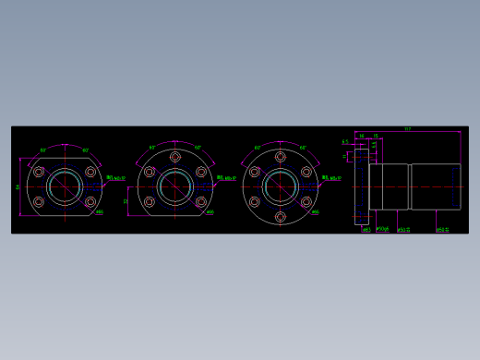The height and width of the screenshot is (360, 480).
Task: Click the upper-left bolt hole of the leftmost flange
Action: click(39, 172)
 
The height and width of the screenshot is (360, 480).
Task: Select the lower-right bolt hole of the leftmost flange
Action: click(90, 201)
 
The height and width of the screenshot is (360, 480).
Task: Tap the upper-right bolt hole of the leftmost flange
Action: click(90, 172)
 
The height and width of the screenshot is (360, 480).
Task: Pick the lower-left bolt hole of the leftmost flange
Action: click(39, 201)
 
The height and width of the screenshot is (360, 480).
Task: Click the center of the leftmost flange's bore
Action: click(65, 186)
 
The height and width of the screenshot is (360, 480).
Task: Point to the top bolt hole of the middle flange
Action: click(174, 158)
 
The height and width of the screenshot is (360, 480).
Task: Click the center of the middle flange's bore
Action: click(174, 187)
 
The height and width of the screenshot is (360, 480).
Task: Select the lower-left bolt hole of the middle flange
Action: click(149, 202)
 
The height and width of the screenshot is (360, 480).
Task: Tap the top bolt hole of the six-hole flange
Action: click(281, 158)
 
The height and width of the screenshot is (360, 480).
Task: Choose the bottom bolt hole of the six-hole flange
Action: click(281, 217)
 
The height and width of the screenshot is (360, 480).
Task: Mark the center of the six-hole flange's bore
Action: click(281, 187)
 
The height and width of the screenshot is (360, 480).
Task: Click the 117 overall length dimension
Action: click(407, 129)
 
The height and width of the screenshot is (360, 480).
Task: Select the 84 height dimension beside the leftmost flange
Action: click(18, 186)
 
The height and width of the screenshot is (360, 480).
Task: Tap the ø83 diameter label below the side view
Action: click(366, 230)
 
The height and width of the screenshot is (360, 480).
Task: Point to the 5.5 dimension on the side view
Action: click(345, 142)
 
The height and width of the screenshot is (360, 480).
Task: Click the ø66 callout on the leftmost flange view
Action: click(100, 212)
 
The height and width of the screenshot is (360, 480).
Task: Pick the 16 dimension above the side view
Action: click(362, 136)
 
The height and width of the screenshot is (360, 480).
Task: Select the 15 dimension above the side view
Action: click(376, 136)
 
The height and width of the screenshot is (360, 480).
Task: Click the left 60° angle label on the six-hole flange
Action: click(258, 148)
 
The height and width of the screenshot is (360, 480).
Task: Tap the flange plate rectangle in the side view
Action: click(361, 186)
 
